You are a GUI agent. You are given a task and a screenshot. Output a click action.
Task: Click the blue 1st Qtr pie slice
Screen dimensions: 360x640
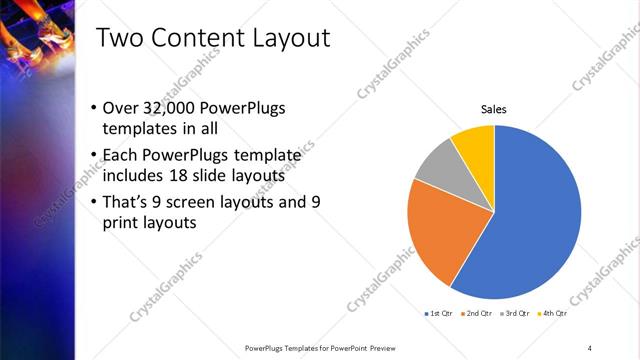[535, 220]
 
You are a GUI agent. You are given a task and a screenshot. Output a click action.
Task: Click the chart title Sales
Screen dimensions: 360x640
[494, 108]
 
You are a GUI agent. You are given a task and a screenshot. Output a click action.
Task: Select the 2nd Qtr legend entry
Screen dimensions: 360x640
[475, 313]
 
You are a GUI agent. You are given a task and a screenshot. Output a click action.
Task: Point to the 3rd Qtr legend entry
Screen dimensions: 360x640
[514, 313]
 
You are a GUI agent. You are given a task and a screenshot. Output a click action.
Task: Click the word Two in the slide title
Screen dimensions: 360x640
[120, 40]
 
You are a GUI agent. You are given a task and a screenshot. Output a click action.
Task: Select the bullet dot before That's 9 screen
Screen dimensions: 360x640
[93, 201]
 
